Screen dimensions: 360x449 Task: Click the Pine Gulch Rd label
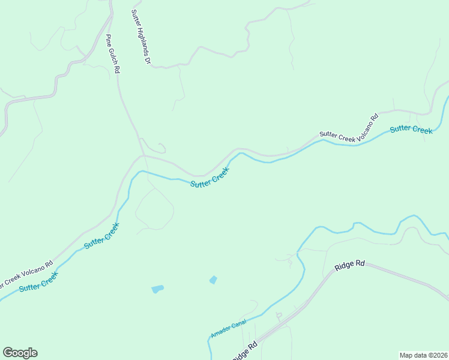[113, 54]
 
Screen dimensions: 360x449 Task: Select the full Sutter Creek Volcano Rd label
[349, 128]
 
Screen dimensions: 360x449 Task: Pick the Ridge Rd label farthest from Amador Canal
[350, 265]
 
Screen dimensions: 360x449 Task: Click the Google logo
[20, 353]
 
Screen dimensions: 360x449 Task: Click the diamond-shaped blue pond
[213, 280]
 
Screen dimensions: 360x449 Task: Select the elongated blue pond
[157, 289]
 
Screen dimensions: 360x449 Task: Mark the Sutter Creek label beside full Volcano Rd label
[411, 130]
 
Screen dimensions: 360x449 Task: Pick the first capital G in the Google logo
[8, 353]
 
